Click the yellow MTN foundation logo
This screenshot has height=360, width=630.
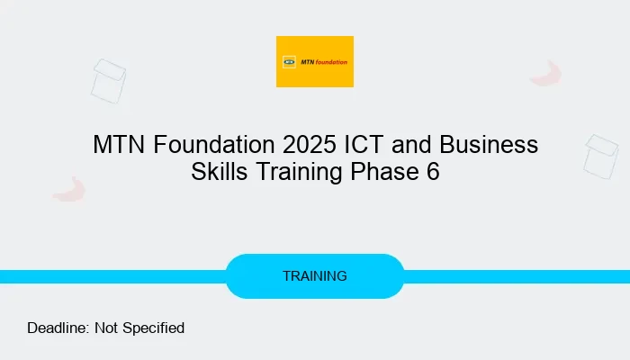pos(314,61)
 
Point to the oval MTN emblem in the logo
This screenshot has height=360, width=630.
pos(290,62)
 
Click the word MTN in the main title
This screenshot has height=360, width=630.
pos(117,145)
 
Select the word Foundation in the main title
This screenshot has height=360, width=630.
pos(211,145)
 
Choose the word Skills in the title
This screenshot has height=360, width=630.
pos(220,172)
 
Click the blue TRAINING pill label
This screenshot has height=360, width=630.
pos(314,276)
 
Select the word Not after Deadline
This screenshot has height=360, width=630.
pos(109,328)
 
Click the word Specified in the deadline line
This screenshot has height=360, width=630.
pos(156,328)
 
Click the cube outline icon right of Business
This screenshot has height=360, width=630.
pos(600,157)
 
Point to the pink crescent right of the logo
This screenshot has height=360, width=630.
pos(546,74)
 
